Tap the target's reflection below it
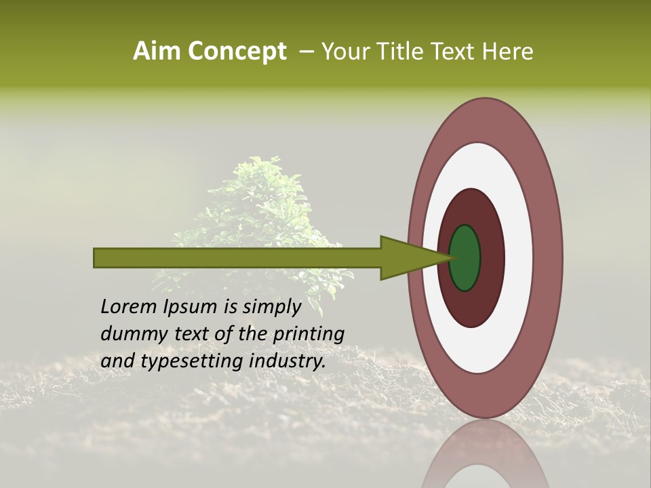[486, 454]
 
